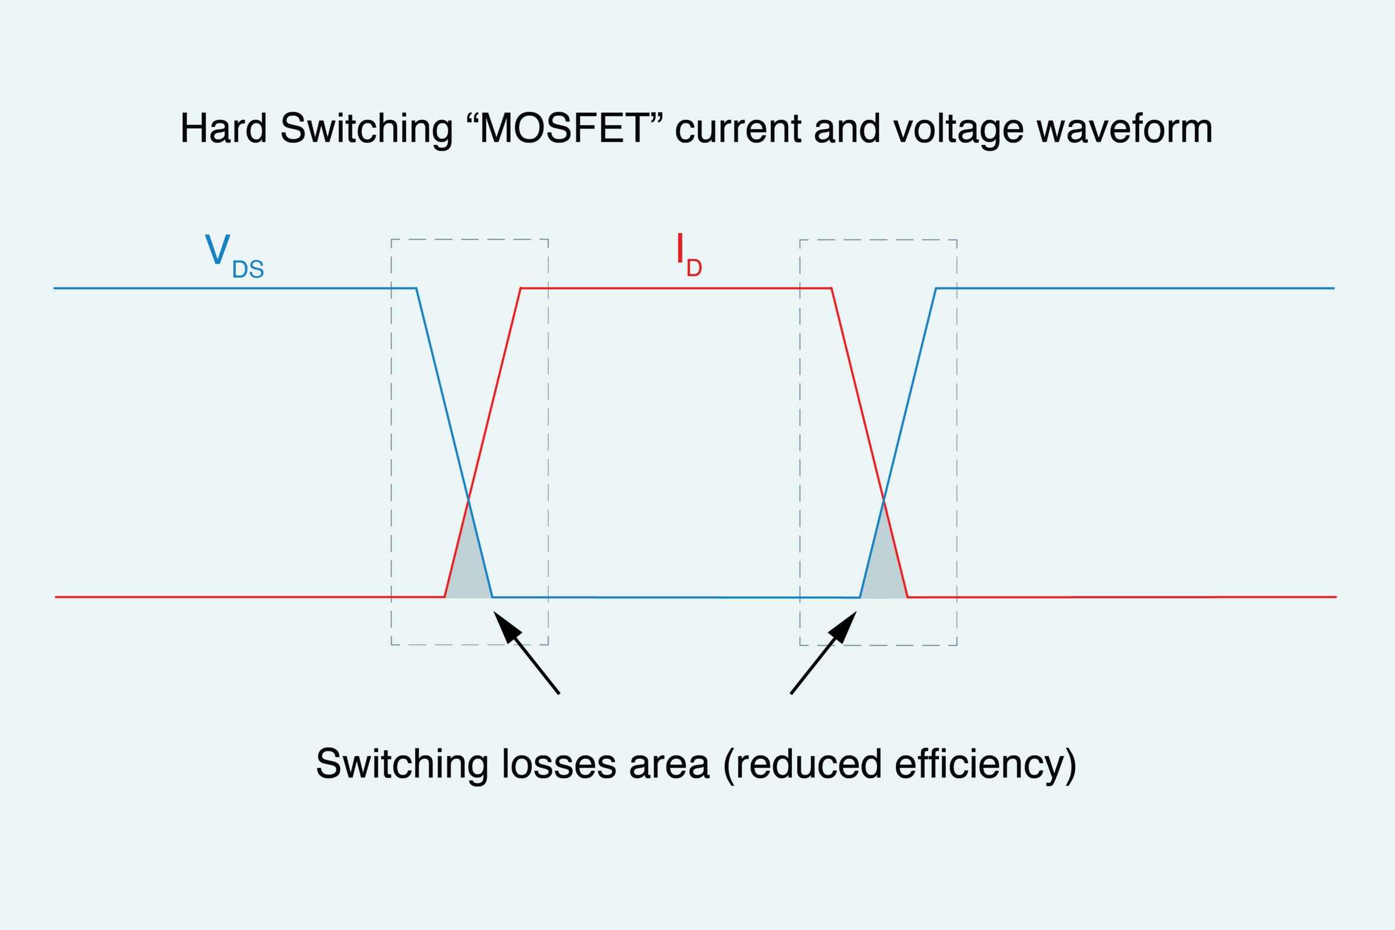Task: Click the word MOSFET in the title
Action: [564, 128]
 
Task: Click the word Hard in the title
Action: [223, 128]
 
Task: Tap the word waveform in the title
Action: [1124, 128]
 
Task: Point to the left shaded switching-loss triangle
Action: [468, 564]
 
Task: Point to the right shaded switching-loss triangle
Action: [884, 564]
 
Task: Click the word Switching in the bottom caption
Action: [402, 765]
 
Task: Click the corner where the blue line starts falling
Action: [417, 288]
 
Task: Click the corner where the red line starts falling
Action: [831, 288]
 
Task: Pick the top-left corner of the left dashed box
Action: [392, 240]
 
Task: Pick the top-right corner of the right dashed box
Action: [957, 240]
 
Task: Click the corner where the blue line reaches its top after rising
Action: [936, 288]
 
